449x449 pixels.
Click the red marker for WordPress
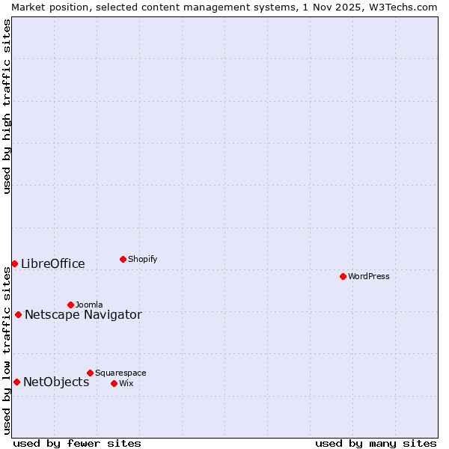[343, 276]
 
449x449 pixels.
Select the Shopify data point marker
[123, 259]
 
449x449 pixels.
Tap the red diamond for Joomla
[70, 305]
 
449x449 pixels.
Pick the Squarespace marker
[90, 373]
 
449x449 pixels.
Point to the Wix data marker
[114, 383]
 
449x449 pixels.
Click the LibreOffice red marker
[14, 263]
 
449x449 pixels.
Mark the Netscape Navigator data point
[18, 314]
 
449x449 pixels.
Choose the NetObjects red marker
[16, 382]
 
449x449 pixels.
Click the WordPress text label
[369, 276]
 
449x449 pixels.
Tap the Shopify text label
[142, 259]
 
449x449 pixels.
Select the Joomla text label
[89, 305]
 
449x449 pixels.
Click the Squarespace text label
[120, 373]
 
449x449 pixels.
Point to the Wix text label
[126, 383]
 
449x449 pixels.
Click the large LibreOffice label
[53, 263]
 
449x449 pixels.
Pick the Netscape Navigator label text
[83, 314]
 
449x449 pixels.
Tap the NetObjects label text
[56, 382]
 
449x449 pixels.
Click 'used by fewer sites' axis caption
[77, 443]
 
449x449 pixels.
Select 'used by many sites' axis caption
[376, 443]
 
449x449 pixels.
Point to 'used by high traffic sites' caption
[7, 106]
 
